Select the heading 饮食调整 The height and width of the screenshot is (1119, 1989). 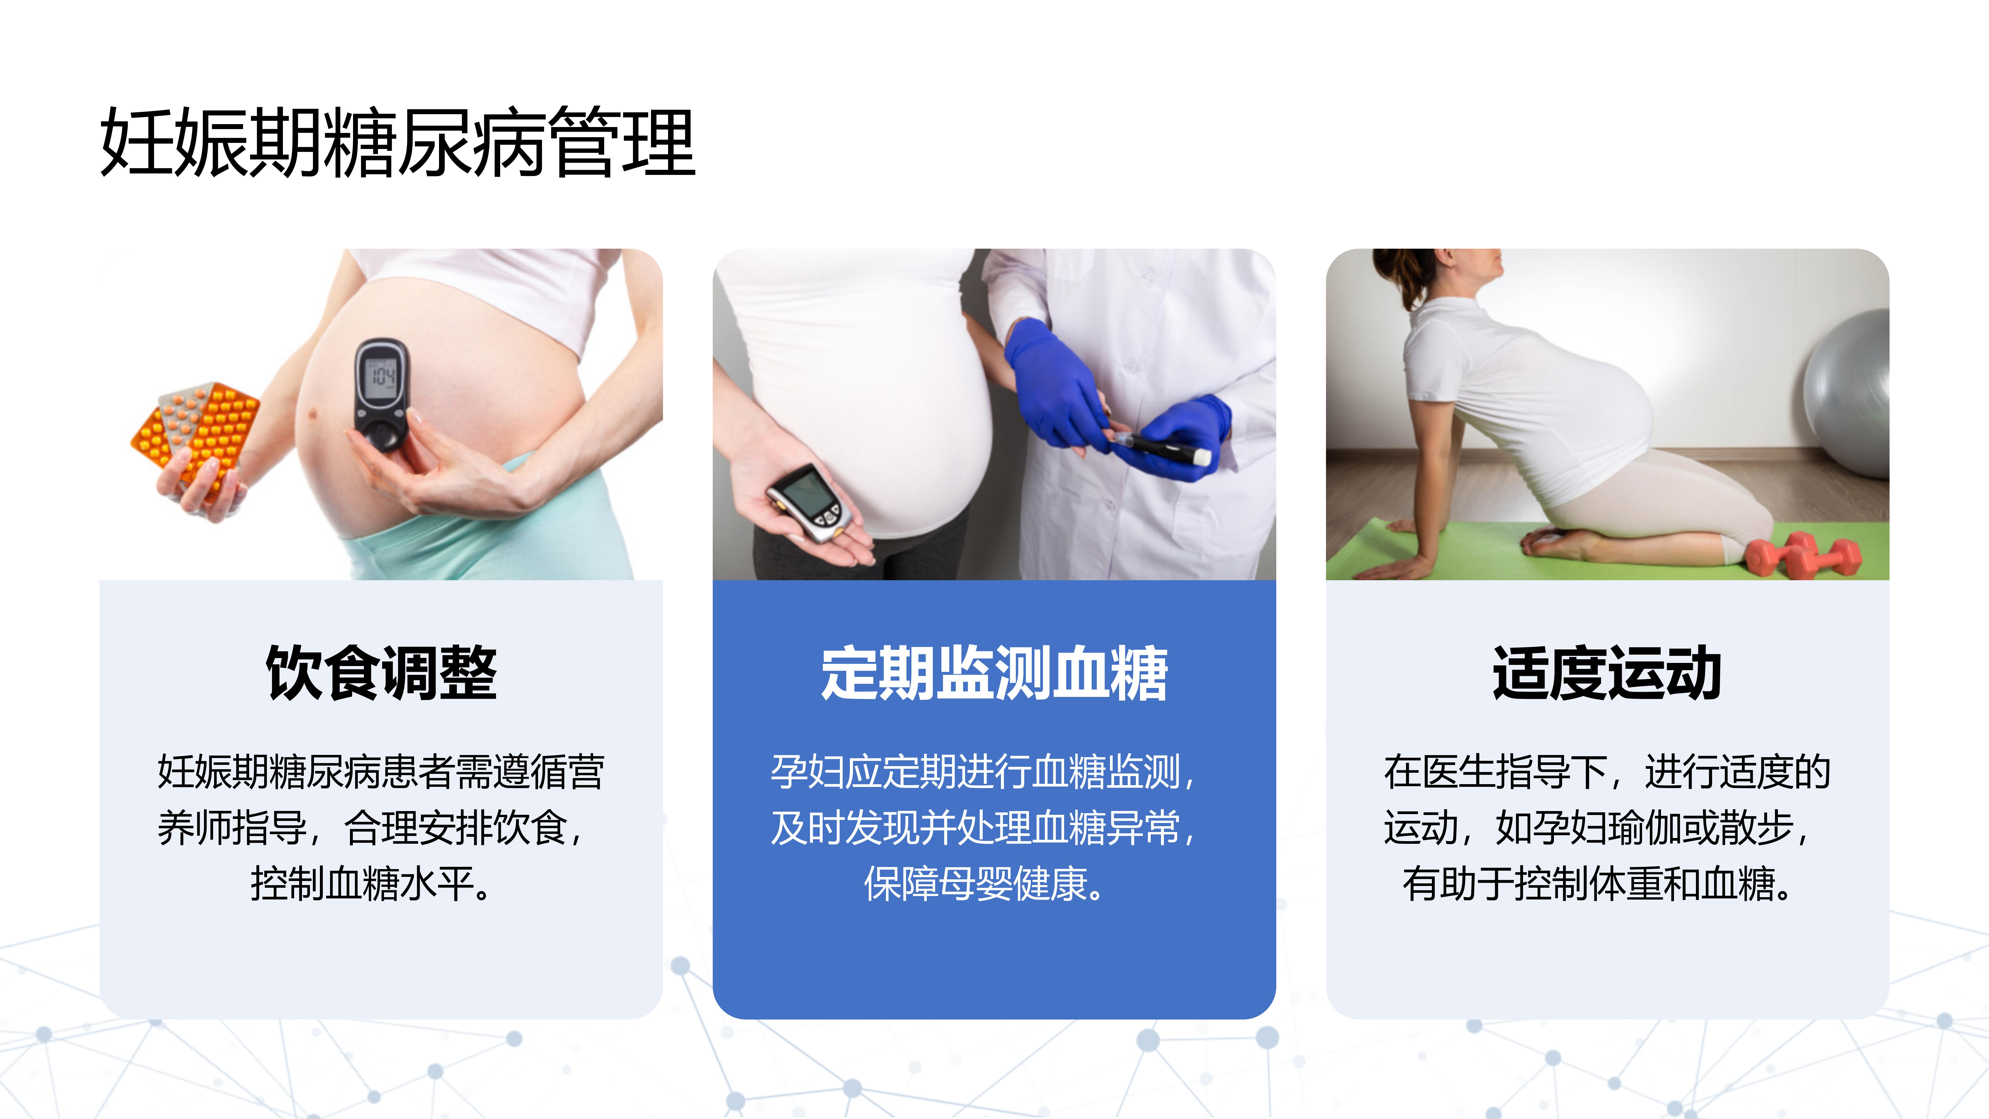click(381, 673)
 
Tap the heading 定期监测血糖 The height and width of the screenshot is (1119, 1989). click(994, 673)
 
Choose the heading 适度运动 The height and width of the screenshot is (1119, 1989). click(1608, 673)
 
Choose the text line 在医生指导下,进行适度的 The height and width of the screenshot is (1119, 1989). click(1608, 771)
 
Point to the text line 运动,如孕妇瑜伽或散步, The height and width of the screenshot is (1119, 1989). click(1597, 828)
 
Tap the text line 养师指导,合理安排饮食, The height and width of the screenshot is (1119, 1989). click(371, 828)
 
